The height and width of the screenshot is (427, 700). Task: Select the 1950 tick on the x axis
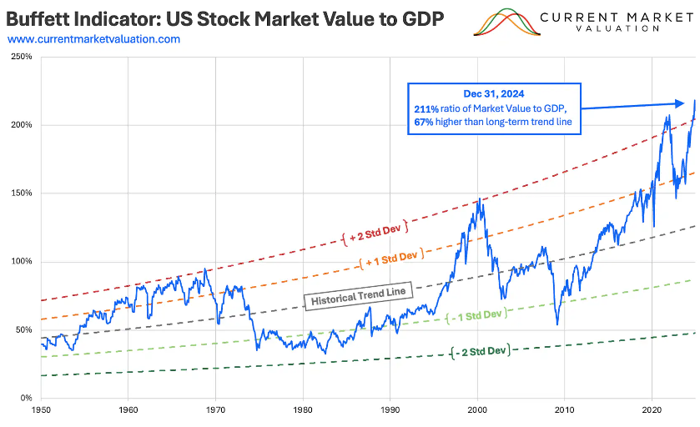(x=40, y=411)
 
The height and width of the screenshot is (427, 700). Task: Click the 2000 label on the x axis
(x=477, y=411)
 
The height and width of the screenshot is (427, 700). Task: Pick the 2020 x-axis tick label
(x=652, y=411)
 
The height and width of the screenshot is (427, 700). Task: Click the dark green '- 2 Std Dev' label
(x=480, y=350)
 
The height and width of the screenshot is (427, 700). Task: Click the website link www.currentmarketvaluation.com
(x=93, y=39)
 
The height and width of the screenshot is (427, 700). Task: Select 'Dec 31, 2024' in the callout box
(x=491, y=94)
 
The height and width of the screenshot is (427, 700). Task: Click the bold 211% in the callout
(x=425, y=109)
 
